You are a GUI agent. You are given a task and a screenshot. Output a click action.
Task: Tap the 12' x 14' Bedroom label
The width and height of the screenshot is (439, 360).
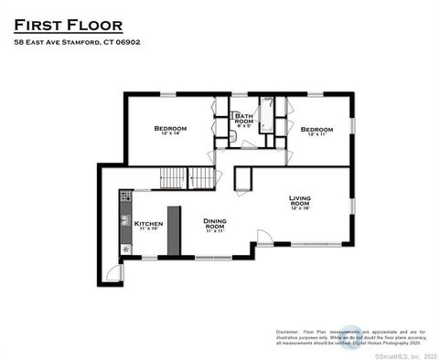pos(170,131)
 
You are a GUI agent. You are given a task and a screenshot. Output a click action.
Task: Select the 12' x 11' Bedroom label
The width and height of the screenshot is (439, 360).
pos(316,132)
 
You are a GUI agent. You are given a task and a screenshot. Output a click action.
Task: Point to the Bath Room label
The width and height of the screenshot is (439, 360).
pos(243,120)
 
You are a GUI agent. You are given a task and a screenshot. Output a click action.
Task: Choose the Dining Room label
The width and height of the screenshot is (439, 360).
pos(215,225)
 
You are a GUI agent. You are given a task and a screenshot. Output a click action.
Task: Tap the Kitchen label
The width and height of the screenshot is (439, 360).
pos(148,225)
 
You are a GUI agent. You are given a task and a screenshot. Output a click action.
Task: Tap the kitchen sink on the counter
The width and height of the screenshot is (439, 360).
pos(125,220)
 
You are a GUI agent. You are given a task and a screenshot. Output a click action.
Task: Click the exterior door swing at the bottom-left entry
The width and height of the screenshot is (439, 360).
pos(112,271)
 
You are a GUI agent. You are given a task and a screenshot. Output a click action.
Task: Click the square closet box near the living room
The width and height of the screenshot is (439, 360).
pos(243,179)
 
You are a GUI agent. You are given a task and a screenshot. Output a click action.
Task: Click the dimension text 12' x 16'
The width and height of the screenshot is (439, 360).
pos(300,209)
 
